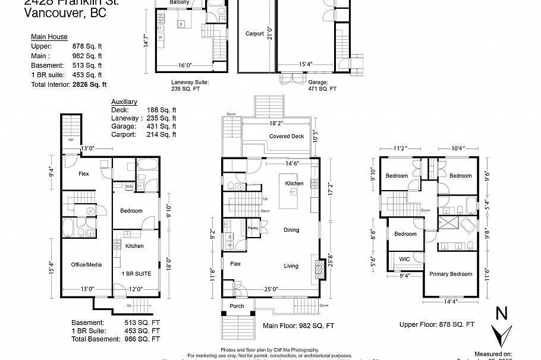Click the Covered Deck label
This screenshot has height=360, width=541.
(x=286, y=136)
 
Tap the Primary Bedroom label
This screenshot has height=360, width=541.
(x=451, y=274)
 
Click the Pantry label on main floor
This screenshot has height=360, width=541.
(x=253, y=228)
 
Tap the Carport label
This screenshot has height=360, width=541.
(x=254, y=34)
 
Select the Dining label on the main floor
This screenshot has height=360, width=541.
(x=291, y=230)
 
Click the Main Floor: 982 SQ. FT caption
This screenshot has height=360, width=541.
(x=298, y=326)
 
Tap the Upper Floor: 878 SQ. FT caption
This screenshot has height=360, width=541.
(x=436, y=324)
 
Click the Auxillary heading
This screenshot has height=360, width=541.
(x=124, y=102)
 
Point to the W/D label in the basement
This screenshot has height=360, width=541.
(x=129, y=187)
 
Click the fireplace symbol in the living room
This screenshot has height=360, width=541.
(x=320, y=268)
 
